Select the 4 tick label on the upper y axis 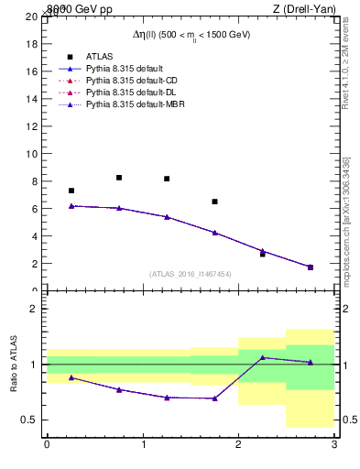34,236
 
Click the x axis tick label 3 334,444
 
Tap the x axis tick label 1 143,444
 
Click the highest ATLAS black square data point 119,178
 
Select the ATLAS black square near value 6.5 214,202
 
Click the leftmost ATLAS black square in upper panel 71,191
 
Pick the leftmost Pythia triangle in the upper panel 71,206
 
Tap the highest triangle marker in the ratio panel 262,357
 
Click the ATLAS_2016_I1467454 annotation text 189,274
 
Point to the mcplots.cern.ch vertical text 345,220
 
